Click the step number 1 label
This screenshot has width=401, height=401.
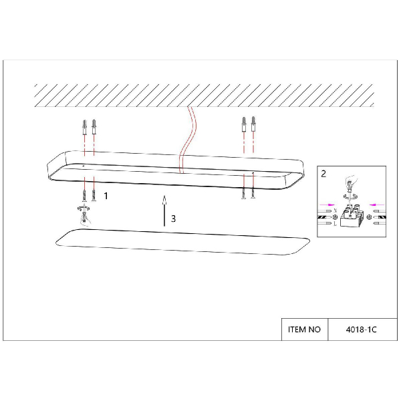106,196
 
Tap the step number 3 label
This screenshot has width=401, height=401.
173,219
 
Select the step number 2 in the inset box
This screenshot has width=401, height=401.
323,174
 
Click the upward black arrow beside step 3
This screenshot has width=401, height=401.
164,211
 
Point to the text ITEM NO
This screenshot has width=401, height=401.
304,329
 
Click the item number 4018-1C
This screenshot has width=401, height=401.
361,329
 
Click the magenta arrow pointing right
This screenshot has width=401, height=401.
327,205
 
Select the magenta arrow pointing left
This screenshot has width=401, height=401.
377,205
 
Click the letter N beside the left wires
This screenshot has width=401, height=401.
336,211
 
